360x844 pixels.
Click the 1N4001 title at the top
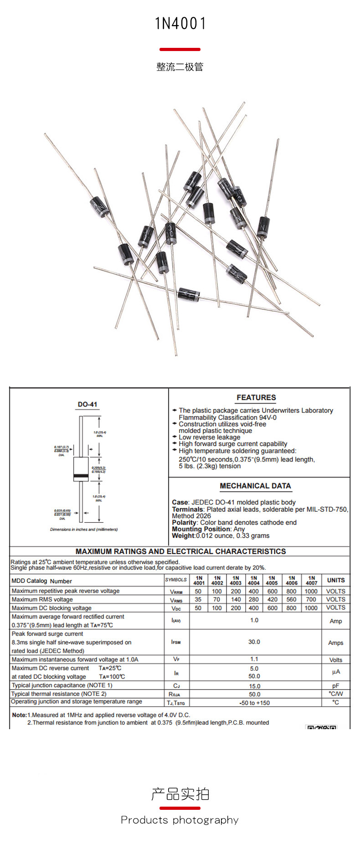pos(180,23)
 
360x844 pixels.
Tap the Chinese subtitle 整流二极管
pos(180,67)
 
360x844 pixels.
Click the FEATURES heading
pos(256,397)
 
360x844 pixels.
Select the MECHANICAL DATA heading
pos(255,486)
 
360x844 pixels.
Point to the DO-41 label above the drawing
pos(87,404)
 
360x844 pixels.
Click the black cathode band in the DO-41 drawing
pos(81,476)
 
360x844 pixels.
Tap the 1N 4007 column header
pos(311,580)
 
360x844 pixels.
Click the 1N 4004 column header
pos(253,580)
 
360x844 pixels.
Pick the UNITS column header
pos(336,580)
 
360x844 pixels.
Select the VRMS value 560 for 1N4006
pos(291,599)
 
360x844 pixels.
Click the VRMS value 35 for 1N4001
pos(198,599)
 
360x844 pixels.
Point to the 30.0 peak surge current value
pos(254,642)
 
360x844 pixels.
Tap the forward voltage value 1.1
pos(254,659)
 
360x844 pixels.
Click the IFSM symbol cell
pos(176,642)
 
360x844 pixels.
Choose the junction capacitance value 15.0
pos(254,686)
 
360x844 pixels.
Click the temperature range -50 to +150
pos(254,703)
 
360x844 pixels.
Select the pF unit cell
pos(336,686)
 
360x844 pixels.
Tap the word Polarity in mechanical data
pos(185,522)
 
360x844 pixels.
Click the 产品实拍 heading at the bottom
pos(180,794)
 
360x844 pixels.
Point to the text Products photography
pos(180,820)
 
